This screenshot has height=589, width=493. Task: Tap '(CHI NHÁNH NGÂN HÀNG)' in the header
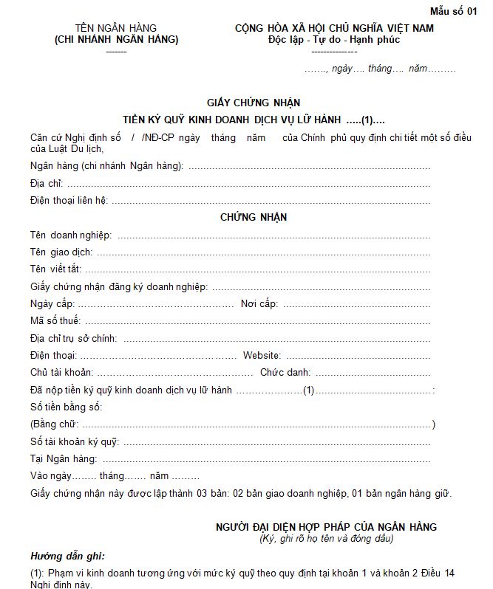click(117, 40)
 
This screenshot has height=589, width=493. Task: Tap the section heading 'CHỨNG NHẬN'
click(254, 217)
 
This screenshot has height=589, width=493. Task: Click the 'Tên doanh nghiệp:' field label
click(71, 235)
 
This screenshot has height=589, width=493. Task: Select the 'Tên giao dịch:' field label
click(62, 252)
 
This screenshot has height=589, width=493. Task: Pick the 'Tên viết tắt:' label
click(56, 269)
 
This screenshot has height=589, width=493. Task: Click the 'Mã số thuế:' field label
click(56, 320)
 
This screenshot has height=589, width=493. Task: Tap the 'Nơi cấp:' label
click(259, 303)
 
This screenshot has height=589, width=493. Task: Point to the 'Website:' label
click(262, 355)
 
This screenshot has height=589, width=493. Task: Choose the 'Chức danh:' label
click(285, 372)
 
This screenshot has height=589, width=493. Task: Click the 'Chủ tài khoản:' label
click(61, 372)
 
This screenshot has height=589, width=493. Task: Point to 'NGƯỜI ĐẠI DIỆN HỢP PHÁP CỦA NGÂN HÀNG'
click(326, 527)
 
